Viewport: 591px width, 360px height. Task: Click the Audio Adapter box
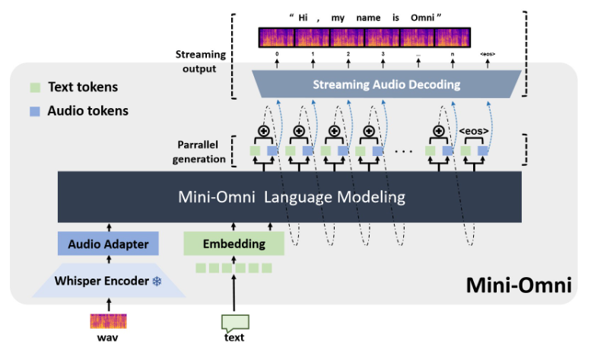click(107, 244)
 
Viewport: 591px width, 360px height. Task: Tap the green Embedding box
click(234, 244)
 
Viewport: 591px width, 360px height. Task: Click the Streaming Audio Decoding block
click(386, 84)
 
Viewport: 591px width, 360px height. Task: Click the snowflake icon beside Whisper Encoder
click(157, 282)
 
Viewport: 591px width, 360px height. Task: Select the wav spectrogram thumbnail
click(109, 320)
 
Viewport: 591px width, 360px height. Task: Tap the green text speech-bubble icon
click(234, 321)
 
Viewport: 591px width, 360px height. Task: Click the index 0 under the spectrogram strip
click(277, 54)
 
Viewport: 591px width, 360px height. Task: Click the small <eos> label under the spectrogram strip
click(487, 54)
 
